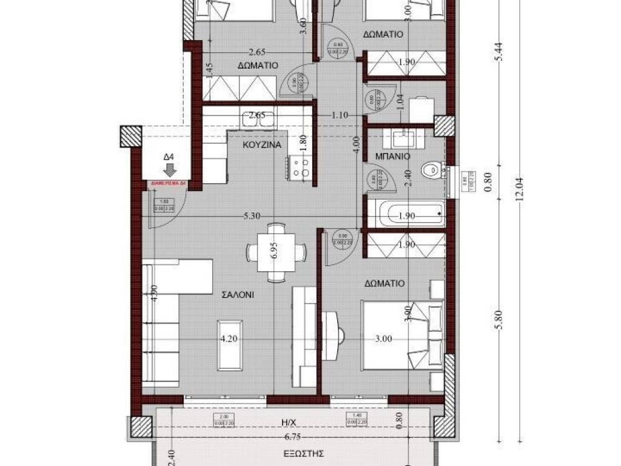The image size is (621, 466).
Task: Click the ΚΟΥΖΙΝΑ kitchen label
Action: [261, 146]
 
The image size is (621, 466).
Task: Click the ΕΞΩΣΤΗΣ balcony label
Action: [302, 453]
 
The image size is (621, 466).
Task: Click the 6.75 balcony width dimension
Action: [295, 437]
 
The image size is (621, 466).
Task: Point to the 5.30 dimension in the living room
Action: [253, 215]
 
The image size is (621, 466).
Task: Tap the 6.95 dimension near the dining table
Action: [275, 252]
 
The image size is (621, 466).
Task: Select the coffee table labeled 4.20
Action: [229, 343]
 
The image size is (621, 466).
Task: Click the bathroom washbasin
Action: [408, 139]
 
